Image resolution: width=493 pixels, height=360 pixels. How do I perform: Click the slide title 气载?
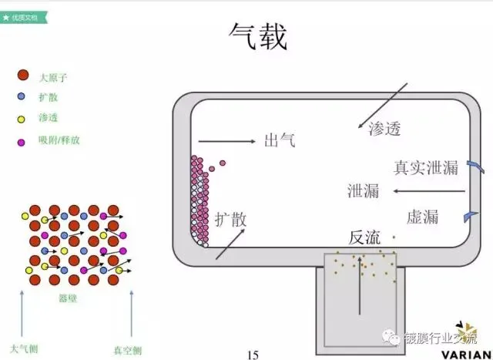click(258, 36)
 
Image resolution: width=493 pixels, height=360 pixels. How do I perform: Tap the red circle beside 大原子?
click(22, 76)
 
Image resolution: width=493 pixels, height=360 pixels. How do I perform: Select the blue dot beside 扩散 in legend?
click(22, 97)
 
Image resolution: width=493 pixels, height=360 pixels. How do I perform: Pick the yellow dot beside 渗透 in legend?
click(22, 119)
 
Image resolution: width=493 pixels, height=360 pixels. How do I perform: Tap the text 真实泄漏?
click(426, 167)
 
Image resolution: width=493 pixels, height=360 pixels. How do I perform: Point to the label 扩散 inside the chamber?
click(231, 219)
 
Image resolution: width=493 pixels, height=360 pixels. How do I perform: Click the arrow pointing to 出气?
click(226, 141)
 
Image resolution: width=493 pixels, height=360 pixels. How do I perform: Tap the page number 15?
click(253, 354)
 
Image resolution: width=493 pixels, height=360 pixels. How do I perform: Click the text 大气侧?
click(24, 349)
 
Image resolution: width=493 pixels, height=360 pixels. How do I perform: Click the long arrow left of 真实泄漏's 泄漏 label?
click(427, 191)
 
